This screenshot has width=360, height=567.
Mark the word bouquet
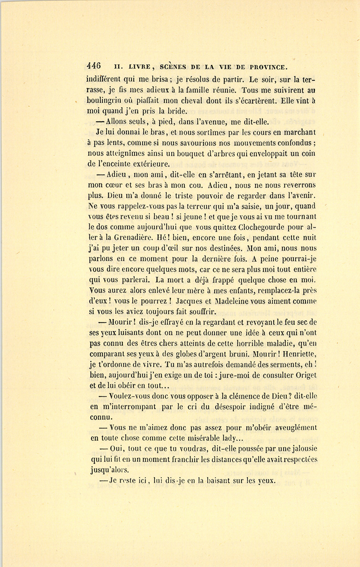click(x=180, y=154)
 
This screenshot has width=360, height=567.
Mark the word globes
click(x=194, y=354)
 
